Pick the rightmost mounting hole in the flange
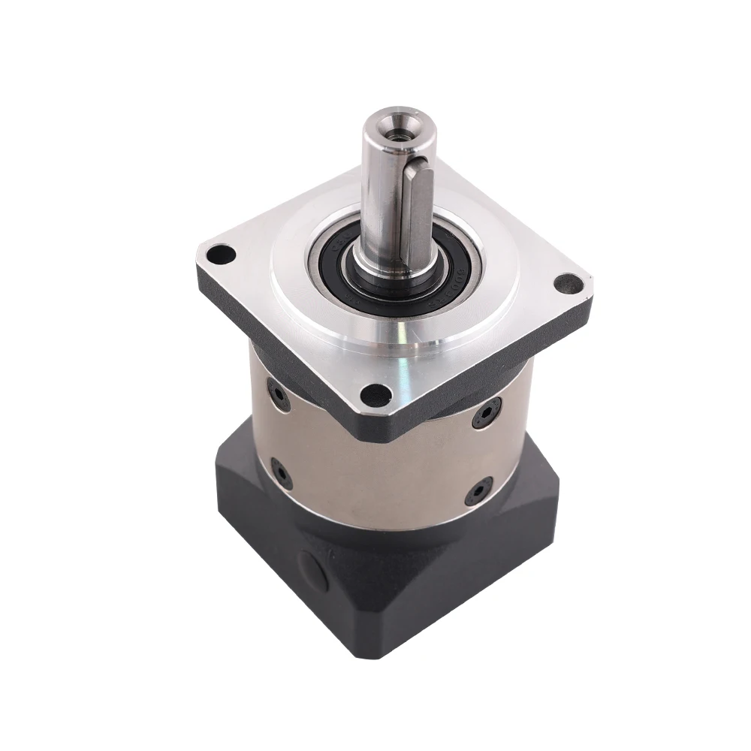pos(563,285)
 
